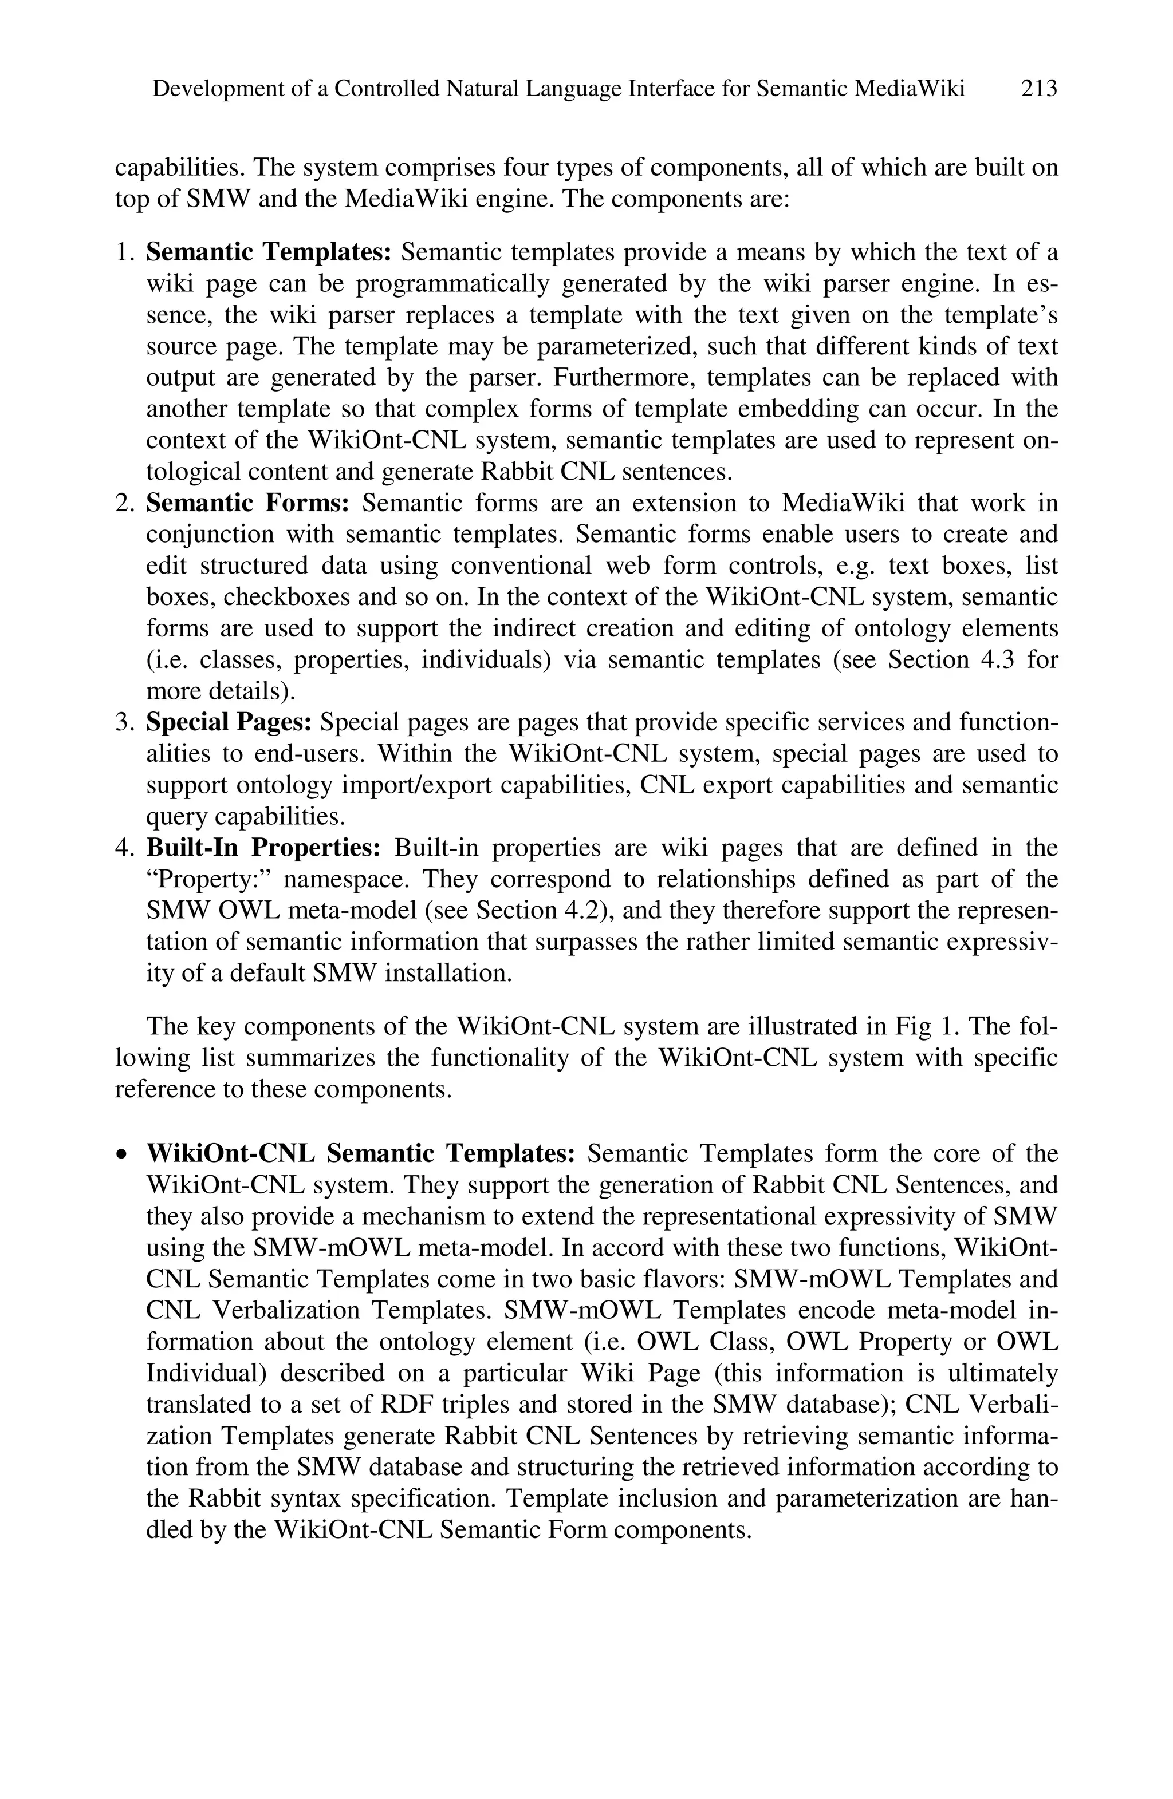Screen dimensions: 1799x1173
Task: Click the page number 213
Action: (x=1038, y=89)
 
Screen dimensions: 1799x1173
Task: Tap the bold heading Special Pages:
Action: (x=229, y=722)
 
